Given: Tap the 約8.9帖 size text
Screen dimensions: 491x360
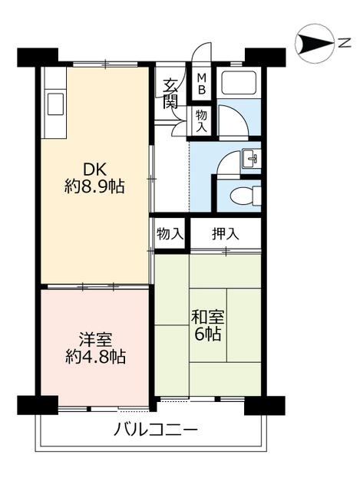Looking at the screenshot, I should (x=95, y=186).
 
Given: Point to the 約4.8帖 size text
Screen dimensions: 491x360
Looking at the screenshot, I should (x=95, y=356).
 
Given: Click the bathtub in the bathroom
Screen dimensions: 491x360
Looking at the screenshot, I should (x=238, y=84).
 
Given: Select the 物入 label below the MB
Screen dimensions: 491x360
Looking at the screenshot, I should (x=202, y=120).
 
